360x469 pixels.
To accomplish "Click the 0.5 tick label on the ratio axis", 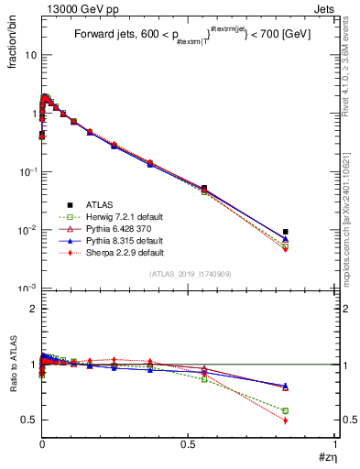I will point(27,420).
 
